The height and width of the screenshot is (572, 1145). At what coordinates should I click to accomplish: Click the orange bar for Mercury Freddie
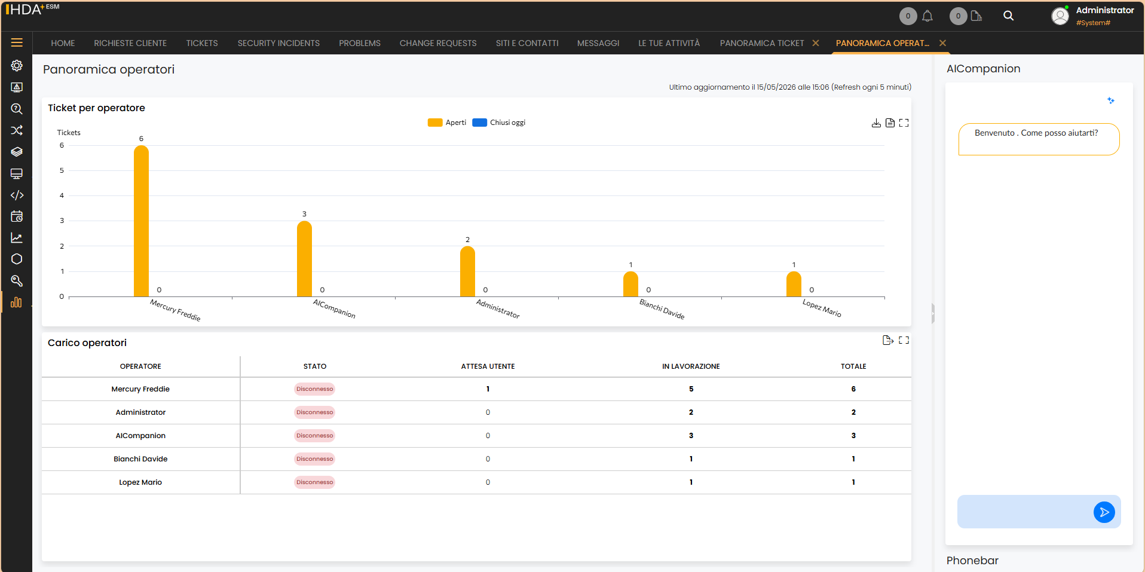point(141,221)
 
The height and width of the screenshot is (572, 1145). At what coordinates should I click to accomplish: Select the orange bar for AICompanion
point(304,259)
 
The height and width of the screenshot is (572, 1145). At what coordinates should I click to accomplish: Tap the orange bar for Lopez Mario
point(794,284)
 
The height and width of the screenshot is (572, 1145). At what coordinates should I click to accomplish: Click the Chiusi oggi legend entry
point(499,123)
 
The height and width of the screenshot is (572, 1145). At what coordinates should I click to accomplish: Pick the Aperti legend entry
point(447,123)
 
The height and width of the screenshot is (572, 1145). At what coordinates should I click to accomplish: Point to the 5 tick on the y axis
point(62,170)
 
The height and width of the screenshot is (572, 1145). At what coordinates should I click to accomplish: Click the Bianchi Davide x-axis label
point(662,309)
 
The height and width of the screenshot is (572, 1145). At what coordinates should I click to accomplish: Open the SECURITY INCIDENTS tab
point(278,43)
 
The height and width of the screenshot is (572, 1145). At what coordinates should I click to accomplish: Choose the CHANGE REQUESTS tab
point(438,43)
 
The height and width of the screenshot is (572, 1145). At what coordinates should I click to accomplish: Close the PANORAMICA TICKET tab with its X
point(816,43)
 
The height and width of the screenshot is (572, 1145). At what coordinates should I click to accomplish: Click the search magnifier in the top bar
point(1008,16)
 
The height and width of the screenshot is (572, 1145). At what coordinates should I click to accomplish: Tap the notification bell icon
point(927,16)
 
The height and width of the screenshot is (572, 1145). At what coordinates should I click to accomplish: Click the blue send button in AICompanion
point(1104,512)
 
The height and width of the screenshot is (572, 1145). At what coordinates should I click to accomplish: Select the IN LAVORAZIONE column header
point(691,366)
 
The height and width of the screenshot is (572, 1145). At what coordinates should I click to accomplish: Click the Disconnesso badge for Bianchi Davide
point(314,459)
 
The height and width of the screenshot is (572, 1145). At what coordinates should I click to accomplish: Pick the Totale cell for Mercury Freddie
point(853,389)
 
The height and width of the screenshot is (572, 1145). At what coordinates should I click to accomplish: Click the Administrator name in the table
point(140,412)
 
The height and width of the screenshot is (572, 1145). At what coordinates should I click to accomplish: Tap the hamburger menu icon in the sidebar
point(17,42)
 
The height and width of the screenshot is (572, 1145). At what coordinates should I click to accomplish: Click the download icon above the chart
point(876,123)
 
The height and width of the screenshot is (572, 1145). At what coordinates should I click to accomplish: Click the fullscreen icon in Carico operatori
point(904,340)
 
